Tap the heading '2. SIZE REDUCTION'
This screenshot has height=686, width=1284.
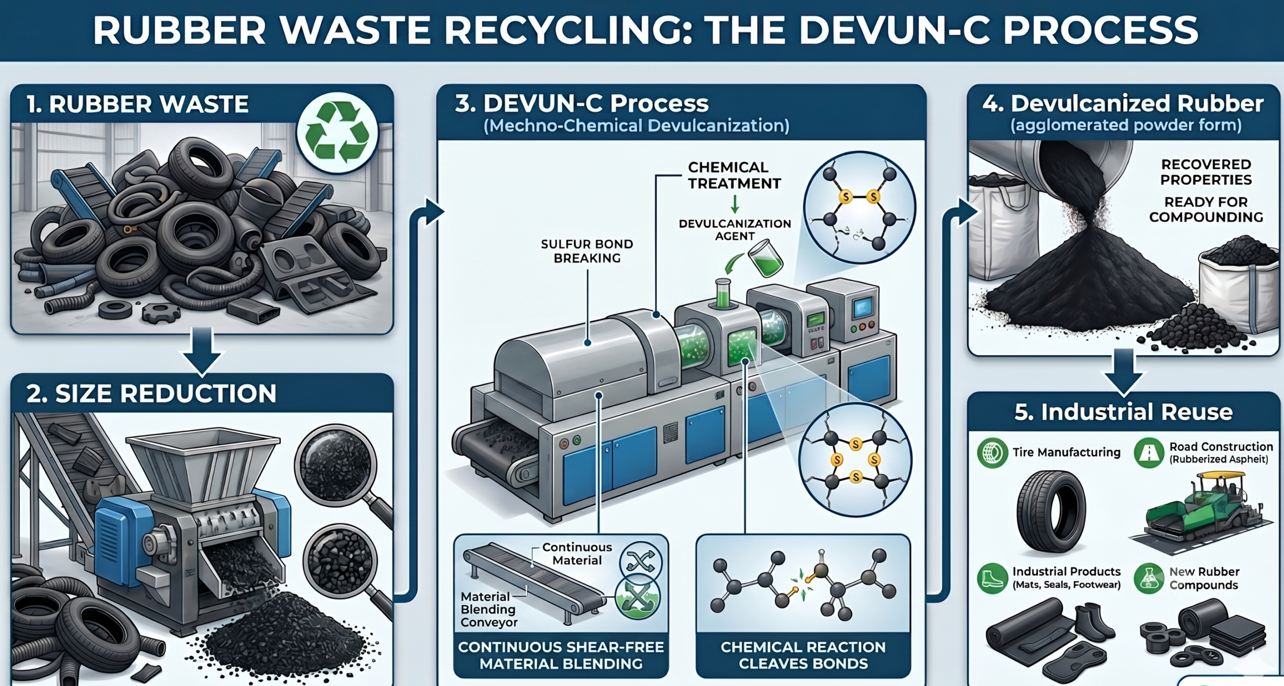pyautogui.click(x=151, y=393)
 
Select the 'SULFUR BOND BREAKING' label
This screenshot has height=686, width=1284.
pyautogui.click(x=587, y=251)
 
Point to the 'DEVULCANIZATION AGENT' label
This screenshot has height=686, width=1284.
pyautogui.click(x=735, y=230)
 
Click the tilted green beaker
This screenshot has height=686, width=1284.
pyautogui.click(x=765, y=258)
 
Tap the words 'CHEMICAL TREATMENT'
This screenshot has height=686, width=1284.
pyautogui.click(x=735, y=175)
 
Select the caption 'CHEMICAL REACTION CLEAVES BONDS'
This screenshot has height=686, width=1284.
pyautogui.click(x=803, y=655)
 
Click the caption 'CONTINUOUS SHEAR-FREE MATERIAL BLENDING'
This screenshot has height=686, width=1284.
pyautogui.click(x=561, y=655)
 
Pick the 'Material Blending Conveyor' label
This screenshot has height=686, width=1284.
pyautogui.click(x=489, y=609)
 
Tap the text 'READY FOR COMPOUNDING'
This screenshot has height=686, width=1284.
pyautogui.click(x=1206, y=209)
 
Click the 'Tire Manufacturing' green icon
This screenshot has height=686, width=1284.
pyautogui.click(x=992, y=453)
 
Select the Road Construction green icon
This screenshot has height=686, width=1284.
pyautogui.click(x=1149, y=453)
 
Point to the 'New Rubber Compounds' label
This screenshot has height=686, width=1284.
pyautogui.click(x=1204, y=578)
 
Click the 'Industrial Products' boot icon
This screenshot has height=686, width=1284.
pyautogui.click(x=992, y=578)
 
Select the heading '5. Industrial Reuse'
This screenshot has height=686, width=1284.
pyautogui.click(x=1123, y=412)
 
